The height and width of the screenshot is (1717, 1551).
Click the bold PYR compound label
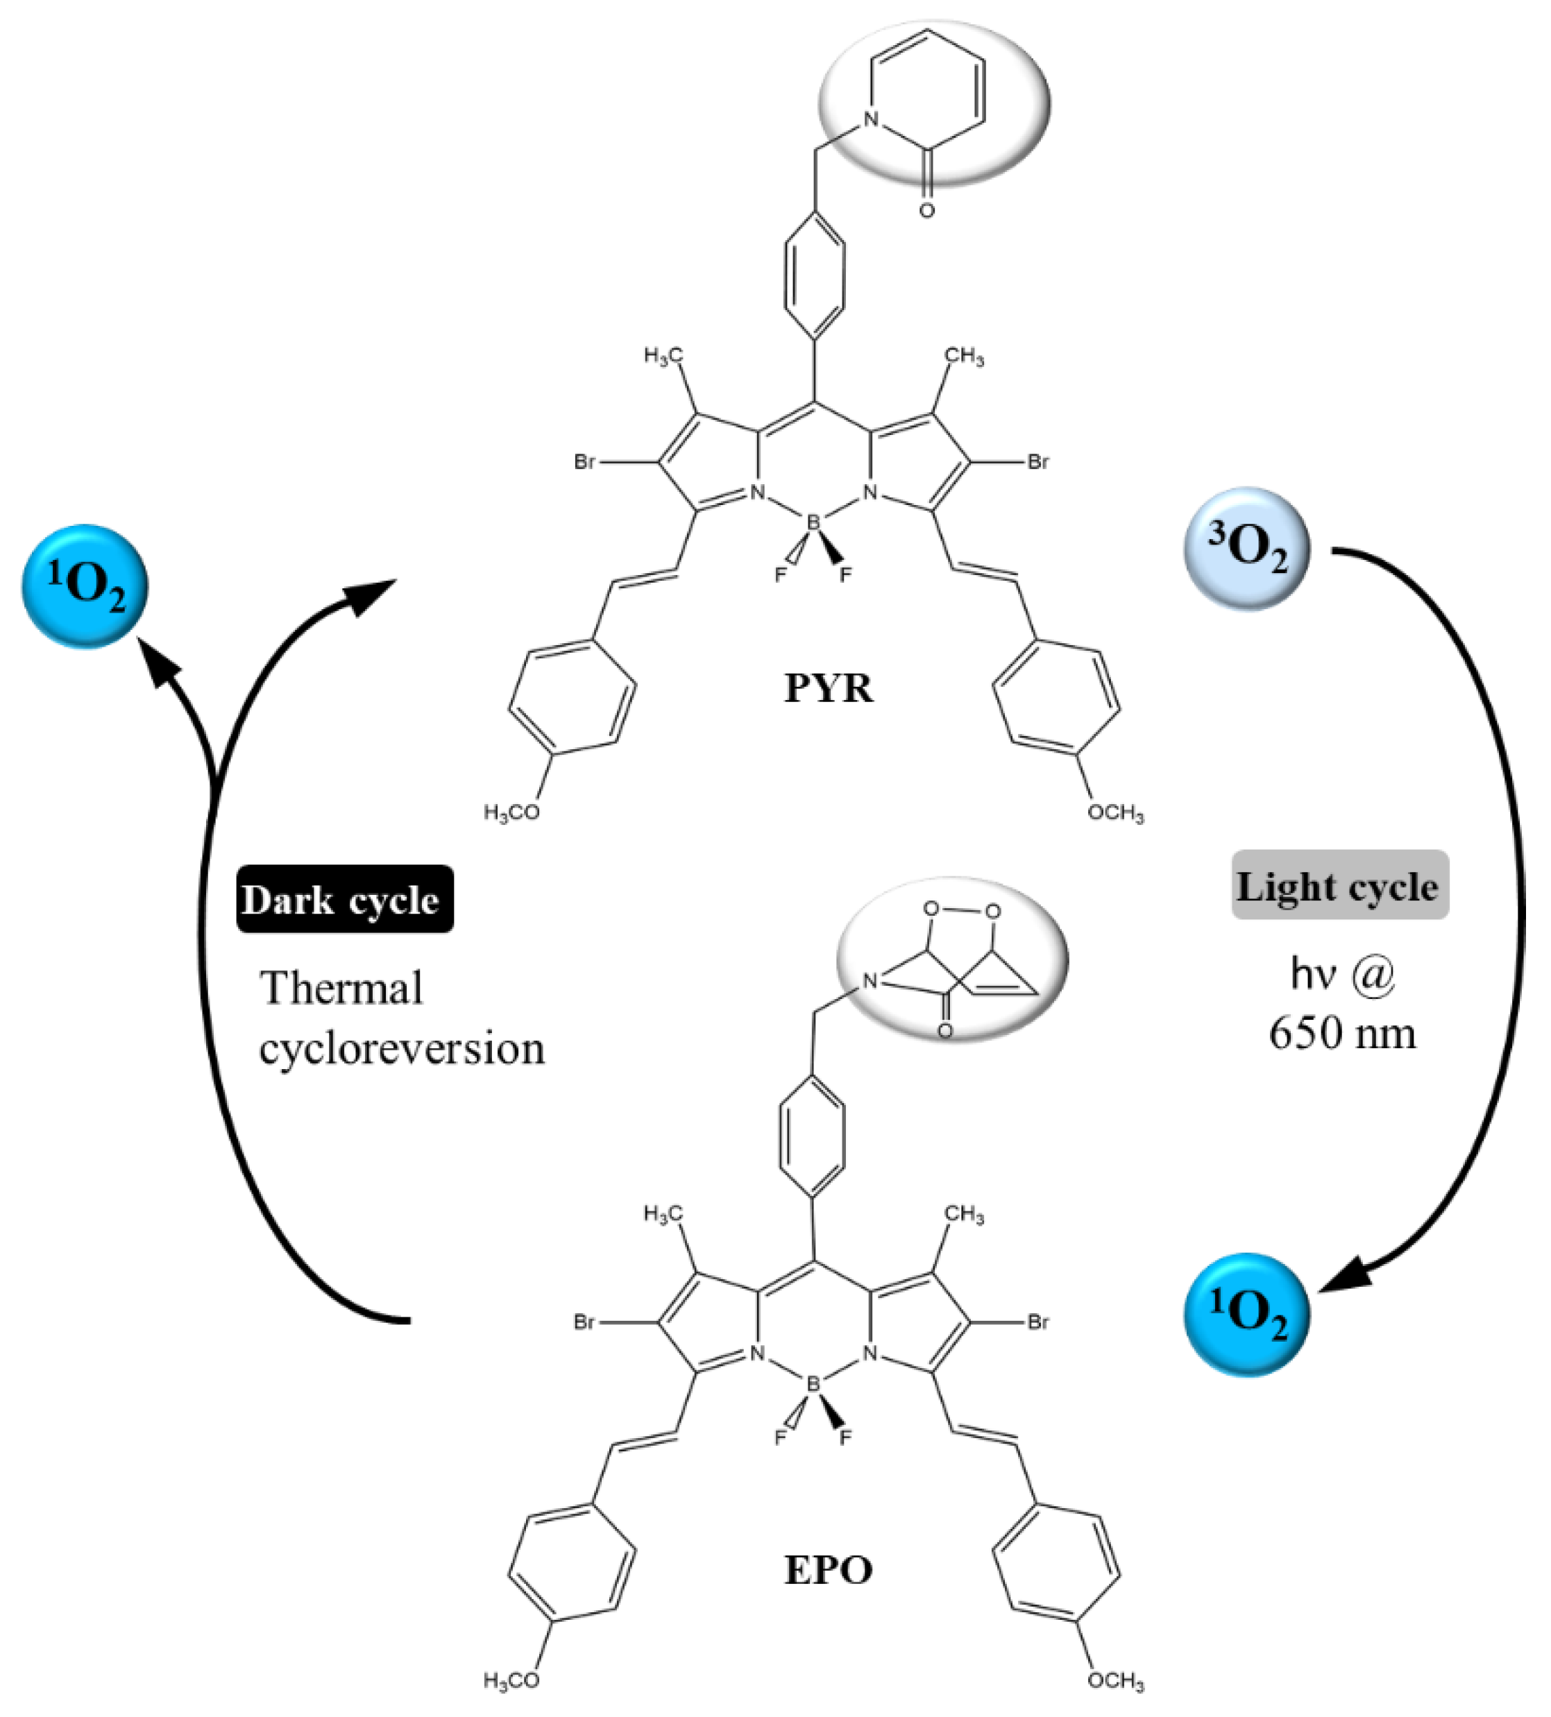pos(828,688)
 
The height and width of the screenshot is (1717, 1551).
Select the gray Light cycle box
pos(1338,886)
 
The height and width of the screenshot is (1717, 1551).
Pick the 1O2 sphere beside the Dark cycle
pos(85,586)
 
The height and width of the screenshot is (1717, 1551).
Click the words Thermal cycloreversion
pos(400,1018)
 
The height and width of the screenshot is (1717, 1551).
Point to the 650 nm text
pos(1342,1034)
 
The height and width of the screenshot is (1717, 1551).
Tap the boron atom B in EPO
pos(813,1383)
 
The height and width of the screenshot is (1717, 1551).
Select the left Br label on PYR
pos(584,463)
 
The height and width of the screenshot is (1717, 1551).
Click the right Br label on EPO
pos(1037,1322)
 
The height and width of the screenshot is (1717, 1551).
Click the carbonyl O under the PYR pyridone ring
pos(926,210)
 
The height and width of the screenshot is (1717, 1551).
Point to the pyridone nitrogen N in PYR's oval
pos(870,119)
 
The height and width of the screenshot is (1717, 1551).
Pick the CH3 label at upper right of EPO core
pos(963,1213)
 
